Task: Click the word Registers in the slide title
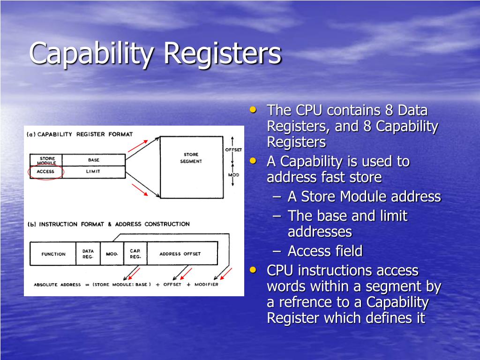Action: click(x=223, y=54)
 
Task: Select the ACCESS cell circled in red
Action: click(x=45, y=172)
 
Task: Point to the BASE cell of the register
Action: click(x=94, y=160)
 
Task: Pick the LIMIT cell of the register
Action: click(x=94, y=172)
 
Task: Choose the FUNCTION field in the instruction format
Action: click(x=53, y=254)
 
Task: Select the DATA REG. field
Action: click(x=88, y=254)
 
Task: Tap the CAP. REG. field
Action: click(x=135, y=254)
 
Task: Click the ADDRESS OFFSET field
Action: click(x=180, y=254)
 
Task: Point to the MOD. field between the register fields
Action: click(x=112, y=254)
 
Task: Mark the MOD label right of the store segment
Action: click(x=233, y=175)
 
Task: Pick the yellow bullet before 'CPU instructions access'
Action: click(x=254, y=270)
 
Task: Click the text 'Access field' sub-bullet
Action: click(x=325, y=251)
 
